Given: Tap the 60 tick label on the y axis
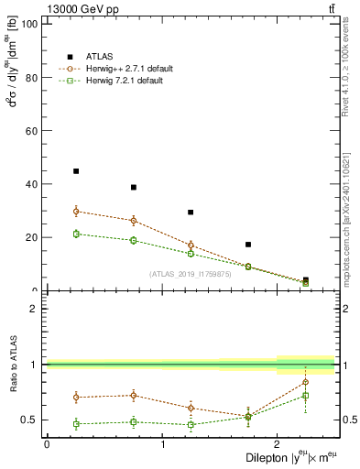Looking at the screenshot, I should (30, 131).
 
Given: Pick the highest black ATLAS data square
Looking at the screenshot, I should (76, 171).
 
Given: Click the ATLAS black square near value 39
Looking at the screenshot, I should (134, 187).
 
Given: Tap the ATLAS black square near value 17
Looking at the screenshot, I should (248, 245).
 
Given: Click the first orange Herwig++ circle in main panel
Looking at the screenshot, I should (76, 211).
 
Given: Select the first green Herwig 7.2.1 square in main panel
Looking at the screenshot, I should (76, 234).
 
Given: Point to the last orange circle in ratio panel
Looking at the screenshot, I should (306, 382).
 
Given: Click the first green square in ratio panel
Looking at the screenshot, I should (76, 424).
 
